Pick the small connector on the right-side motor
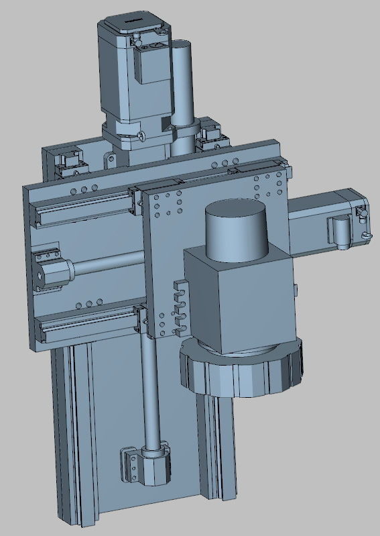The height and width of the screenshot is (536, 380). coord(340,231)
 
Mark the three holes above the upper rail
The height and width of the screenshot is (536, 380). coord(88,189)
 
